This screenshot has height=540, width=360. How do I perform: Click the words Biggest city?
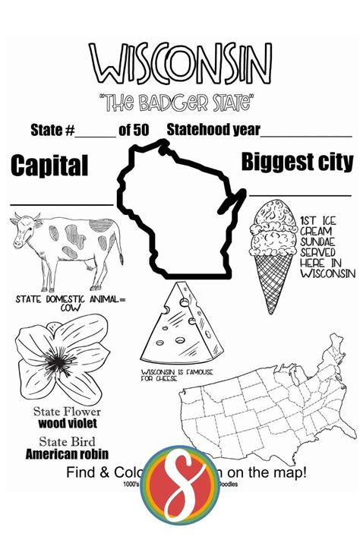tap(297, 161)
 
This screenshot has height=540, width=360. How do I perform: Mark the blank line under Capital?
tap(61, 204)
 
